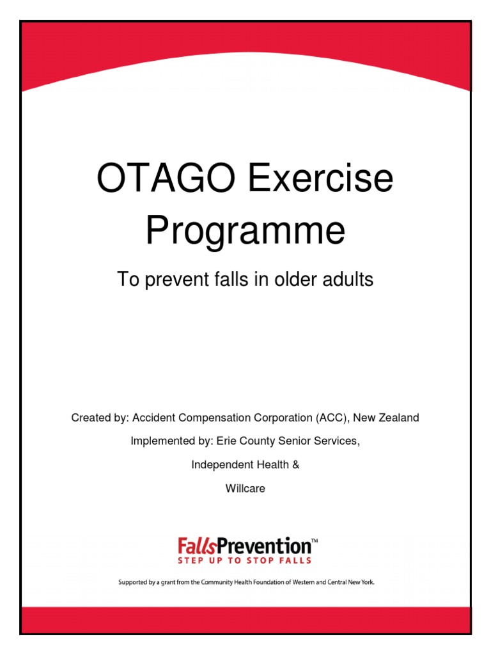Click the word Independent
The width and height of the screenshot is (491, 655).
click(x=221, y=465)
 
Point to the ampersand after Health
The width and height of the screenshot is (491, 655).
click(x=295, y=465)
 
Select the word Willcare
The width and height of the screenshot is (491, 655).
click(x=245, y=489)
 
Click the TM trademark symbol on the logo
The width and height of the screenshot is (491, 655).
click(x=314, y=542)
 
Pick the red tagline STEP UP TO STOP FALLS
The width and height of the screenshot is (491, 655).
click(x=245, y=560)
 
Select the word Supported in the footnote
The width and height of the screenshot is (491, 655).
click(x=136, y=583)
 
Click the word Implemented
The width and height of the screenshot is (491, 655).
click(x=160, y=441)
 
